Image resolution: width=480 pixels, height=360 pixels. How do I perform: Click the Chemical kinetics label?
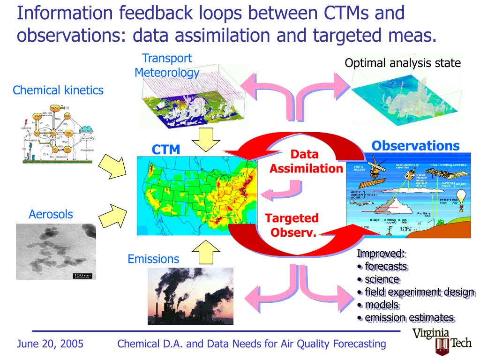pyautogui.click(x=58, y=90)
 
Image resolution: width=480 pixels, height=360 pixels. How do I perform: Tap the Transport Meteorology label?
pyautogui.click(x=167, y=65)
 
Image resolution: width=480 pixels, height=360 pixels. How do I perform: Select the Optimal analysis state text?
pyautogui.click(x=403, y=63)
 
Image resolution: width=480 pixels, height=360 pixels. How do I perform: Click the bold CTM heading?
pyautogui.click(x=165, y=150)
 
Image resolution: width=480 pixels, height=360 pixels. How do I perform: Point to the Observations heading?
pyautogui.click(x=415, y=146)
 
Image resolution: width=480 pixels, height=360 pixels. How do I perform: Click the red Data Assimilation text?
pyautogui.click(x=306, y=161)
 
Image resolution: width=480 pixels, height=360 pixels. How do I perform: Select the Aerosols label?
pyautogui.click(x=51, y=214)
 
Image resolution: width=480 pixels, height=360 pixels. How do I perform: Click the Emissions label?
pyautogui.click(x=153, y=259)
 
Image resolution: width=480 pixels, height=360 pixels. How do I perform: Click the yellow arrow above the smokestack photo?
pyautogui.click(x=205, y=252)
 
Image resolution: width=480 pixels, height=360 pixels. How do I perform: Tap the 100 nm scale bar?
pyautogui.click(x=82, y=275)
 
